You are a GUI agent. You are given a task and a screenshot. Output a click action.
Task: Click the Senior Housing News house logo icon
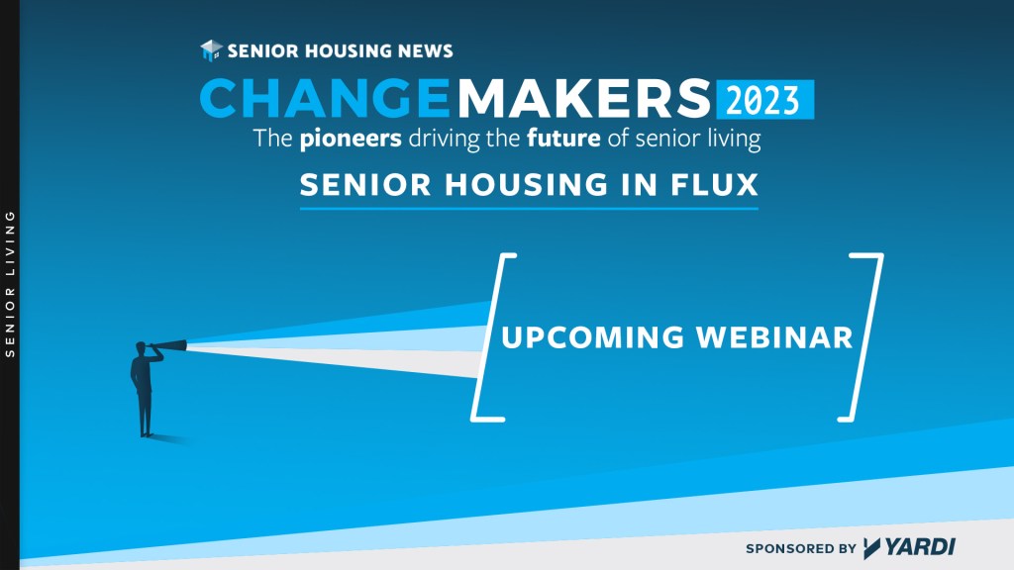coord(211,50)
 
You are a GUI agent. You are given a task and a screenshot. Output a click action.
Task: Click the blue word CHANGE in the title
coord(325,98)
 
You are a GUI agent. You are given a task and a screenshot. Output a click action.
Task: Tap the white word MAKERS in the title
coord(584,98)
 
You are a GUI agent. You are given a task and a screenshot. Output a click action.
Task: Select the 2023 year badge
coord(765,100)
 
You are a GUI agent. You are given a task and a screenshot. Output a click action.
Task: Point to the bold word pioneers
coord(351,139)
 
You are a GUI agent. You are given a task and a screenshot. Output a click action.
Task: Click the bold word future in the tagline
coord(563,139)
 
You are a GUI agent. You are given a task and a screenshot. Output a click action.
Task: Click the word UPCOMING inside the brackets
coord(592,337)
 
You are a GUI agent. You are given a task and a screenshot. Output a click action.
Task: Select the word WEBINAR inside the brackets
coord(774,337)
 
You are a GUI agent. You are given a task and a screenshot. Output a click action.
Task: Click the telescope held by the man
coord(169,346)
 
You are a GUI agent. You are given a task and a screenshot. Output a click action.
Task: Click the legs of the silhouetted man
coord(145,414)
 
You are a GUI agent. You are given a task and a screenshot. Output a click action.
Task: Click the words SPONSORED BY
coord(800,548)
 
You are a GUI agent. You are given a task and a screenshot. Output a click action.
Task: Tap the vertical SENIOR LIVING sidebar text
coord(10,284)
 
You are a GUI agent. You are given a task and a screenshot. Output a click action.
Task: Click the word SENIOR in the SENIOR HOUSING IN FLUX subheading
coord(365,185)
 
